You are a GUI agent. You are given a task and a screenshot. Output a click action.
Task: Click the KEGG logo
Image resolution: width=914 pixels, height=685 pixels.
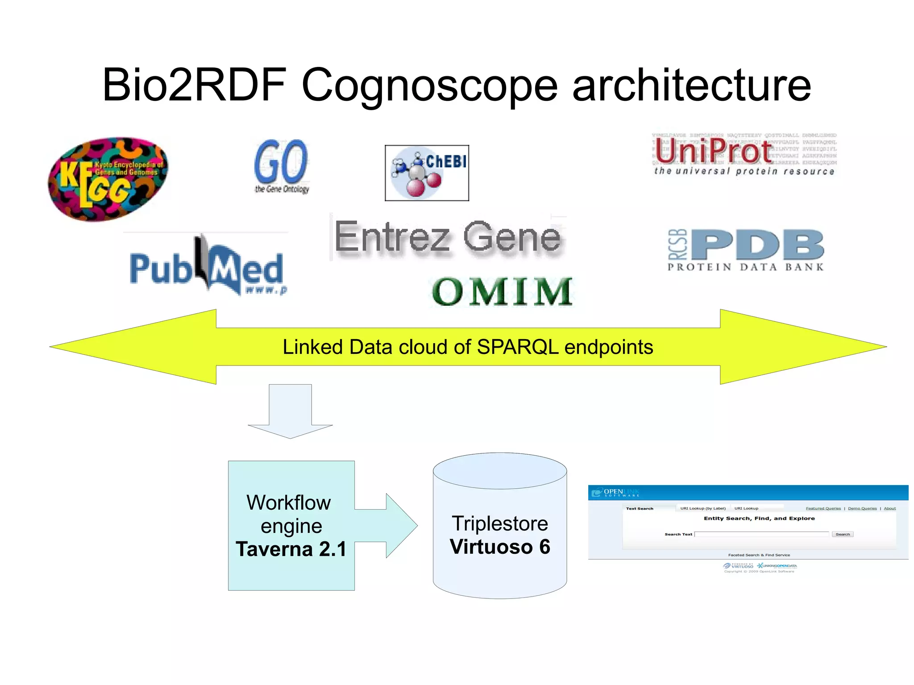108,179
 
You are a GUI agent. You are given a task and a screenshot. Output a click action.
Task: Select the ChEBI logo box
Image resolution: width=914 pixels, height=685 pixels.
427,173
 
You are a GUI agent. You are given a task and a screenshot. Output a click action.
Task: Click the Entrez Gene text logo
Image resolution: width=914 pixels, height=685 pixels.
448,237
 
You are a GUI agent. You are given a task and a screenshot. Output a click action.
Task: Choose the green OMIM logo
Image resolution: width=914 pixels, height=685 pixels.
502,291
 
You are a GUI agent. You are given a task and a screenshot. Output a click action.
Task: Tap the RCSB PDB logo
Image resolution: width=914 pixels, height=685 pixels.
746,250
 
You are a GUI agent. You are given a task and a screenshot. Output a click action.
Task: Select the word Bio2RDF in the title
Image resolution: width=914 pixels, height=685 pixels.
194,85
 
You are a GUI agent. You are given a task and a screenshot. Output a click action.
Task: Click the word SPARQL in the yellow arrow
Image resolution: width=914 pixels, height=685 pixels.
517,347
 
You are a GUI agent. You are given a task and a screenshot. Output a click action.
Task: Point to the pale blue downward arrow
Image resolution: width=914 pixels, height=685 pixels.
290,411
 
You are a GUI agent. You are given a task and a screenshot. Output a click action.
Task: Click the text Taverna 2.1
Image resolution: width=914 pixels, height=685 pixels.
291,549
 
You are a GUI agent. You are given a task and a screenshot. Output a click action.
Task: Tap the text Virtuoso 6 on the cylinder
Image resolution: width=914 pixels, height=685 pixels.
500,547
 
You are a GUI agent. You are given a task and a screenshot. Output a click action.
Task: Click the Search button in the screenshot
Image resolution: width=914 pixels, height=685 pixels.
842,534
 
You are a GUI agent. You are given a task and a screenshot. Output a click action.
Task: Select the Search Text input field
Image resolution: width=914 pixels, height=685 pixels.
761,534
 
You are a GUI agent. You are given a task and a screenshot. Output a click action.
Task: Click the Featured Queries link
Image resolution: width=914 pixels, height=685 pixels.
823,508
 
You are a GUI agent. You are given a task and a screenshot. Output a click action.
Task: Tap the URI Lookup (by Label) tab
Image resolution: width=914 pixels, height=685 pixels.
702,508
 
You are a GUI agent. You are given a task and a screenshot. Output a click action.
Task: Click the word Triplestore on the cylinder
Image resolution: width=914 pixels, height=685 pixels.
500,523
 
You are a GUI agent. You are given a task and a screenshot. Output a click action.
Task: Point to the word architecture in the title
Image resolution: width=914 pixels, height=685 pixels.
691,85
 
